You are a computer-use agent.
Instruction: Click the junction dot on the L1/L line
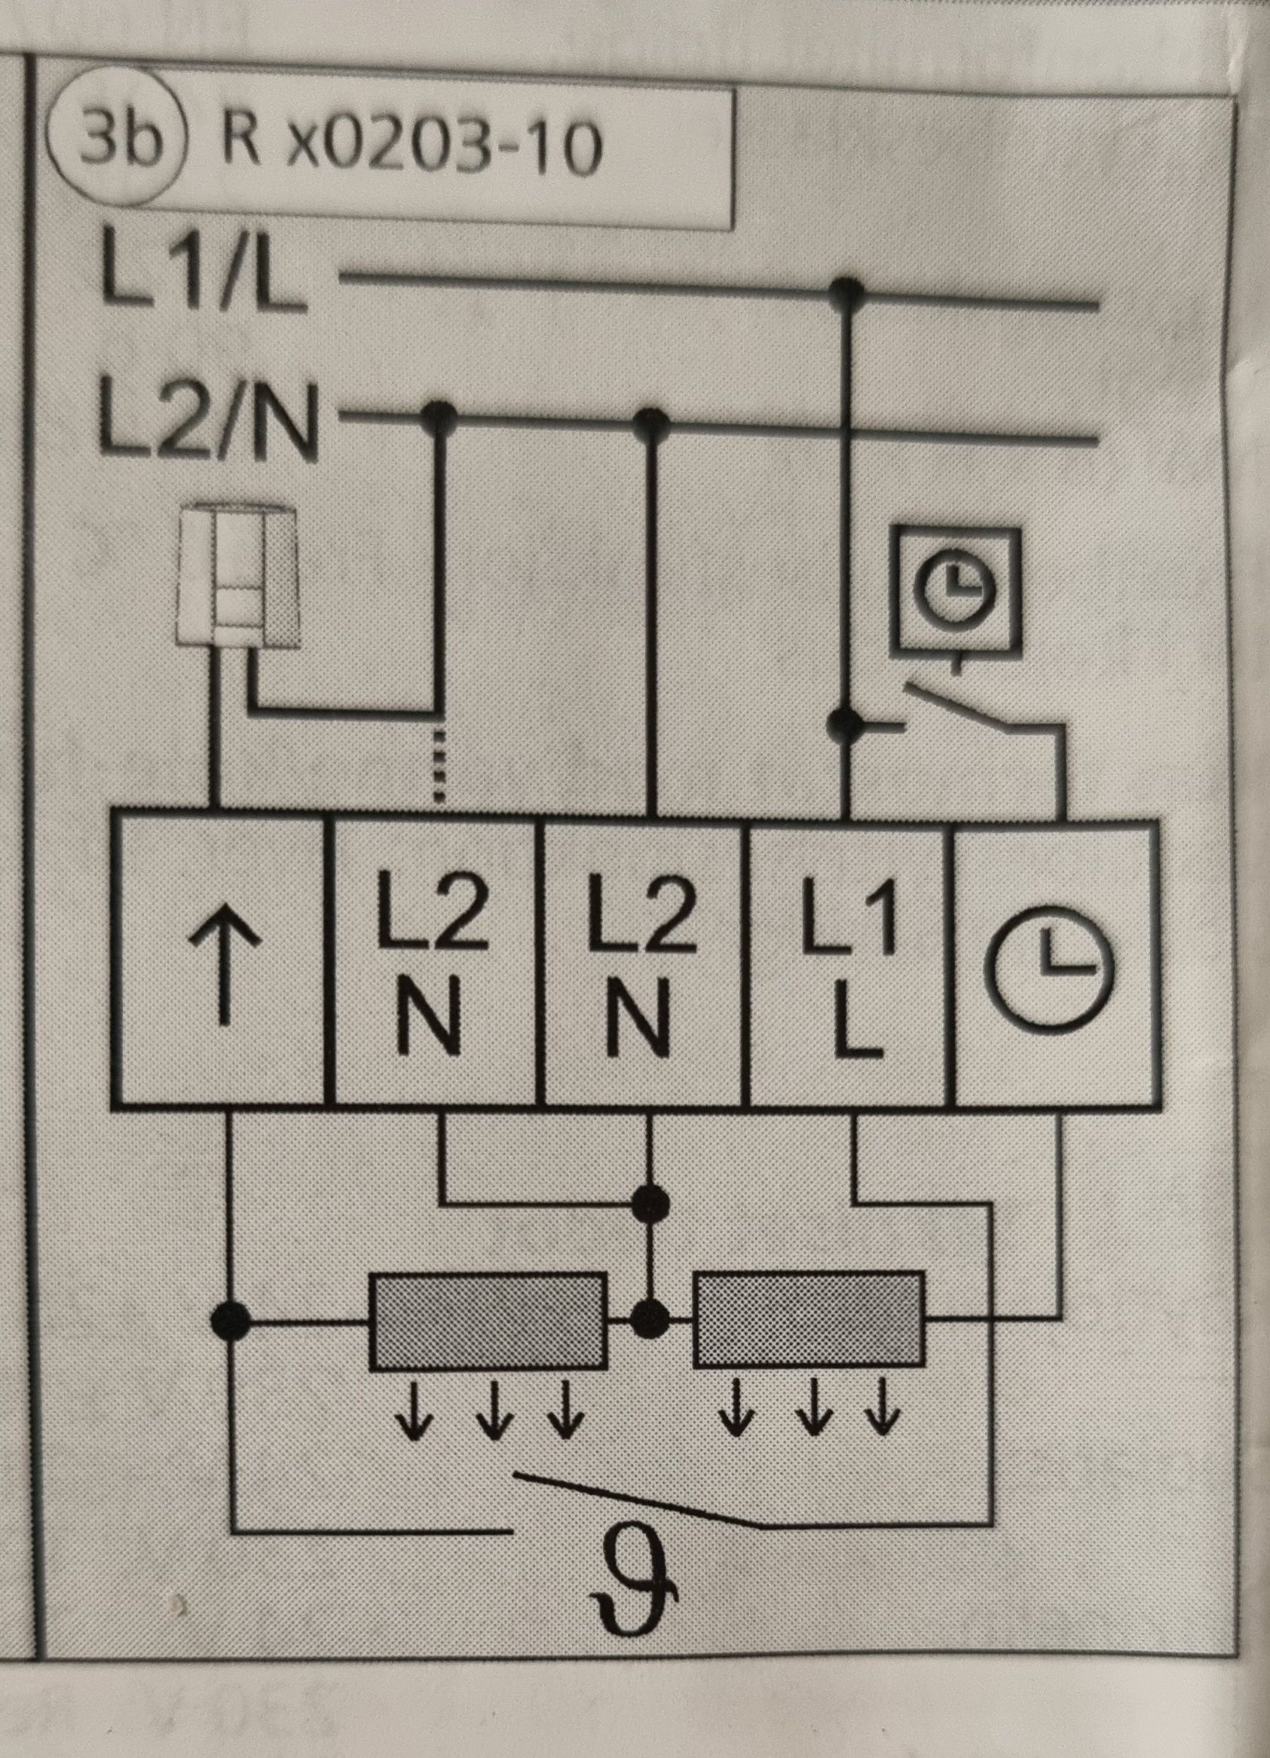coord(846,290)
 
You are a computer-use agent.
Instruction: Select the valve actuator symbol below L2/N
coord(237,574)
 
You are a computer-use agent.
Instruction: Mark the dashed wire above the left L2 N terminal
coord(438,764)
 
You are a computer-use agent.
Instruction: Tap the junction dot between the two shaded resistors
coord(650,1315)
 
